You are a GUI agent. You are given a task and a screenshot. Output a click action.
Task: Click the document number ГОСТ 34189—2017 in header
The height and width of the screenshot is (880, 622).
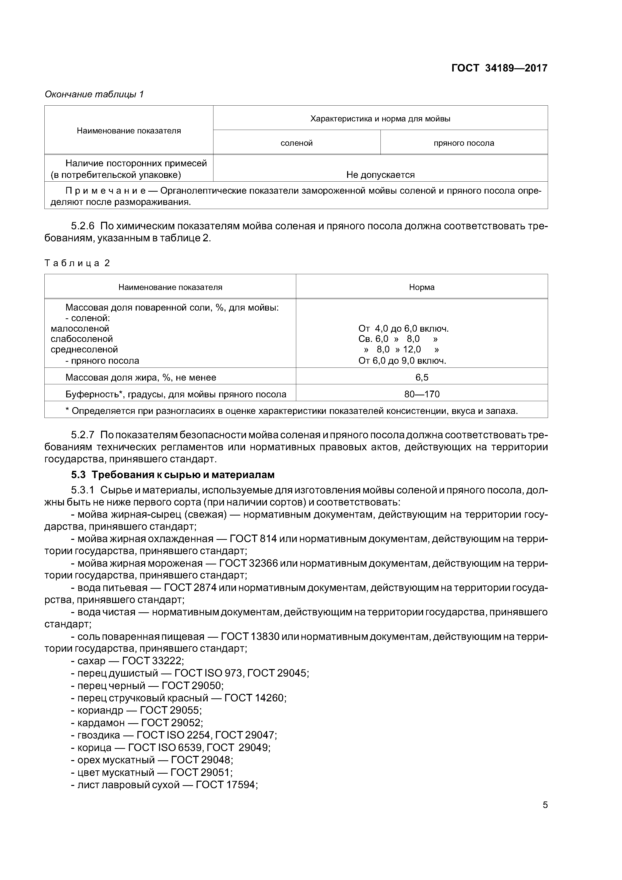tap(499, 68)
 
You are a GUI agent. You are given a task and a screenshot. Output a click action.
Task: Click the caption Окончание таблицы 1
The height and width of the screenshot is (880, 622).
tap(94, 94)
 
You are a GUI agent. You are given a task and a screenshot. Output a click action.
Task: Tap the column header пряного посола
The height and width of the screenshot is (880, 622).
tap(464, 143)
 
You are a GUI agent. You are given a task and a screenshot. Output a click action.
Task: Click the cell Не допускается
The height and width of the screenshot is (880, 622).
tap(380, 175)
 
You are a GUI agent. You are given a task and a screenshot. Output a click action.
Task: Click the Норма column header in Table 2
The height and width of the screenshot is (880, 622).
tap(422, 287)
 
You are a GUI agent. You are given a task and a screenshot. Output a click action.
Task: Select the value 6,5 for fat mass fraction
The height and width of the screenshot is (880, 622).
tap(422, 378)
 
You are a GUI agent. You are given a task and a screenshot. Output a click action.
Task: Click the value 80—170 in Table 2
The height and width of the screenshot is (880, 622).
tap(422, 394)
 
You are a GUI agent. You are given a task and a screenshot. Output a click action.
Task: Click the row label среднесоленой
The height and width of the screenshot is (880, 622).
tap(84, 349)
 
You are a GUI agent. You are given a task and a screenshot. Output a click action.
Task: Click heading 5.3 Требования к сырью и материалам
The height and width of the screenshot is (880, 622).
tap(173, 475)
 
